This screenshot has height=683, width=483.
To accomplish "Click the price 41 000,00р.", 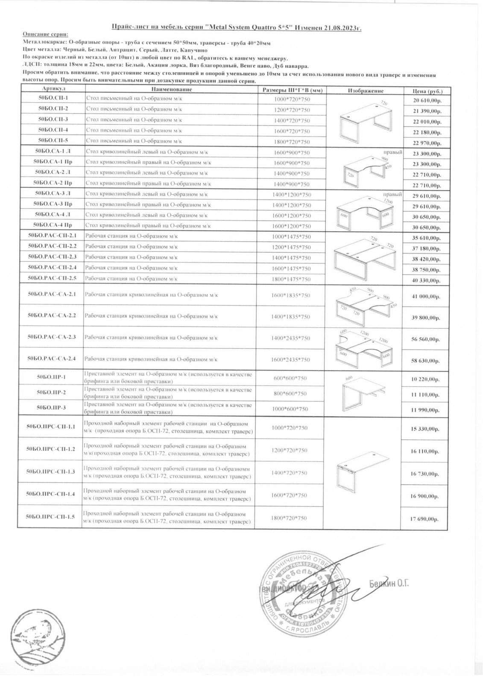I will pyautogui.click(x=426, y=297).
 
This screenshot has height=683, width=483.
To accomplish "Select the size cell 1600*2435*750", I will pyautogui.click(x=290, y=360).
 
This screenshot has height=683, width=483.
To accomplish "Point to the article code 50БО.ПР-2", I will pyautogui.click(x=51, y=392).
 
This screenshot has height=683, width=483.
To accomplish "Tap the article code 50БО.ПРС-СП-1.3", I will pyautogui.click(x=50, y=472).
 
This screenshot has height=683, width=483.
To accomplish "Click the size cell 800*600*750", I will pyautogui.click(x=290, y=394).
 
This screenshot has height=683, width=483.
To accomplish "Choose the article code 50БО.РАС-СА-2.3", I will pyautogui.click(x=51, y=337).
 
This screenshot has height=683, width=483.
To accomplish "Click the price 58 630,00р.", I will pyautogui.click(x=426, y=361).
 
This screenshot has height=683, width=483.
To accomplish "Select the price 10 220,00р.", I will pyautogui.click(x=426, y=379).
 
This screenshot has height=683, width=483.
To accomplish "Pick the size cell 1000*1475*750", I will pyautogui.click(x=291, y=237).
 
